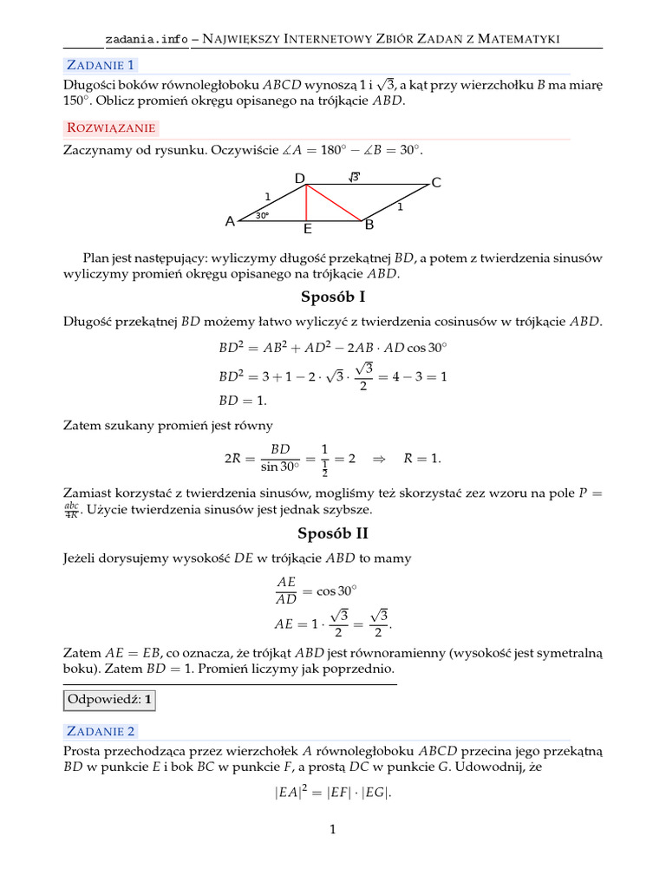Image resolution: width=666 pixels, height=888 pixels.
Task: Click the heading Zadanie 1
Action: click(100, 64)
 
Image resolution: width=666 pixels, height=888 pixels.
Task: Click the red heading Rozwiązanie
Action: click(110, 127)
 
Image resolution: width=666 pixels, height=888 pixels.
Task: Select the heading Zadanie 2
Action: click(100, 730)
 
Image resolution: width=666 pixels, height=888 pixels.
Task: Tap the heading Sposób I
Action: click(333, 297)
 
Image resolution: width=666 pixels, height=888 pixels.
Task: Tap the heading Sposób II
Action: click(333, 534)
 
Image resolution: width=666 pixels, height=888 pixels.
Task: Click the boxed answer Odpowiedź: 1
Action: click(110, 699)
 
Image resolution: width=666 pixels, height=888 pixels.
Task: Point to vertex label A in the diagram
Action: click(230, 221)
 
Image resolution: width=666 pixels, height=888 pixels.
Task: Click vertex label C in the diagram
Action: click(436, 182)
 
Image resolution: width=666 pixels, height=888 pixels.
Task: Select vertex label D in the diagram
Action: click(299, 179)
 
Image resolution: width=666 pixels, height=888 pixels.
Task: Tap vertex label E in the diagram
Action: click(307, 230)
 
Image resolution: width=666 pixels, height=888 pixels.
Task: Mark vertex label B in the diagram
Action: click(369, 225)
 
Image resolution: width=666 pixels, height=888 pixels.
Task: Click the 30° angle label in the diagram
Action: click(262, 215)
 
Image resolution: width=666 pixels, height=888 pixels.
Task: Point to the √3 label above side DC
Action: click(354, 177)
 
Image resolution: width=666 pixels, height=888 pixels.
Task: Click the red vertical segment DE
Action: click(306, 203)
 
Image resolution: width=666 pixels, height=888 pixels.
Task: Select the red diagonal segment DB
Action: click(334, 203)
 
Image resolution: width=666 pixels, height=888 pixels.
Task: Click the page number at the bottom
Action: click(332, 829)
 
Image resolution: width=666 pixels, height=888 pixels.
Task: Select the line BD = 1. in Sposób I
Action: click(243, 401)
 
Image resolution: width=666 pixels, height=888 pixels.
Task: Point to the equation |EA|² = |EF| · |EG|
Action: click(333, 790)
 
